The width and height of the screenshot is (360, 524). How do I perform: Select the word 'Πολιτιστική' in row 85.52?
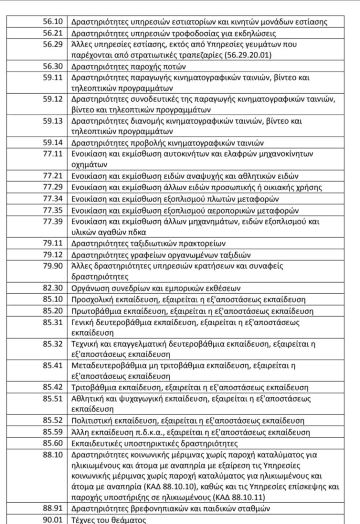[x=92, y=420]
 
